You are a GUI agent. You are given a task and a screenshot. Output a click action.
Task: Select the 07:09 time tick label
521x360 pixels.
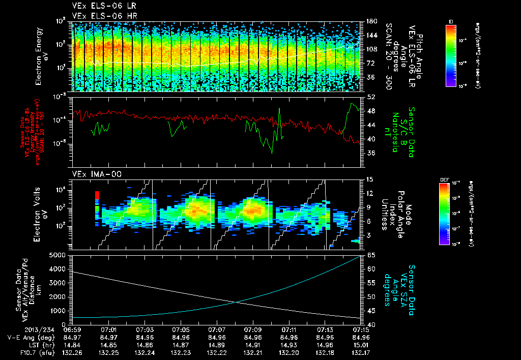click(253, 329)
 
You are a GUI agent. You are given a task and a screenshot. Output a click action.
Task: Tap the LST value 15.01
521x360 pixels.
click(361, 344)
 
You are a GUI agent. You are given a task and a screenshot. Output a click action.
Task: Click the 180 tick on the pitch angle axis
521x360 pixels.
click(370, 21)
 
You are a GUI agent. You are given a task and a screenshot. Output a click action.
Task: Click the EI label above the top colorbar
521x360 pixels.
click(451, 21)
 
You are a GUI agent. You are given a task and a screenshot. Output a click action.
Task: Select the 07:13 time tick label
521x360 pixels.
click(325, 329)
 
